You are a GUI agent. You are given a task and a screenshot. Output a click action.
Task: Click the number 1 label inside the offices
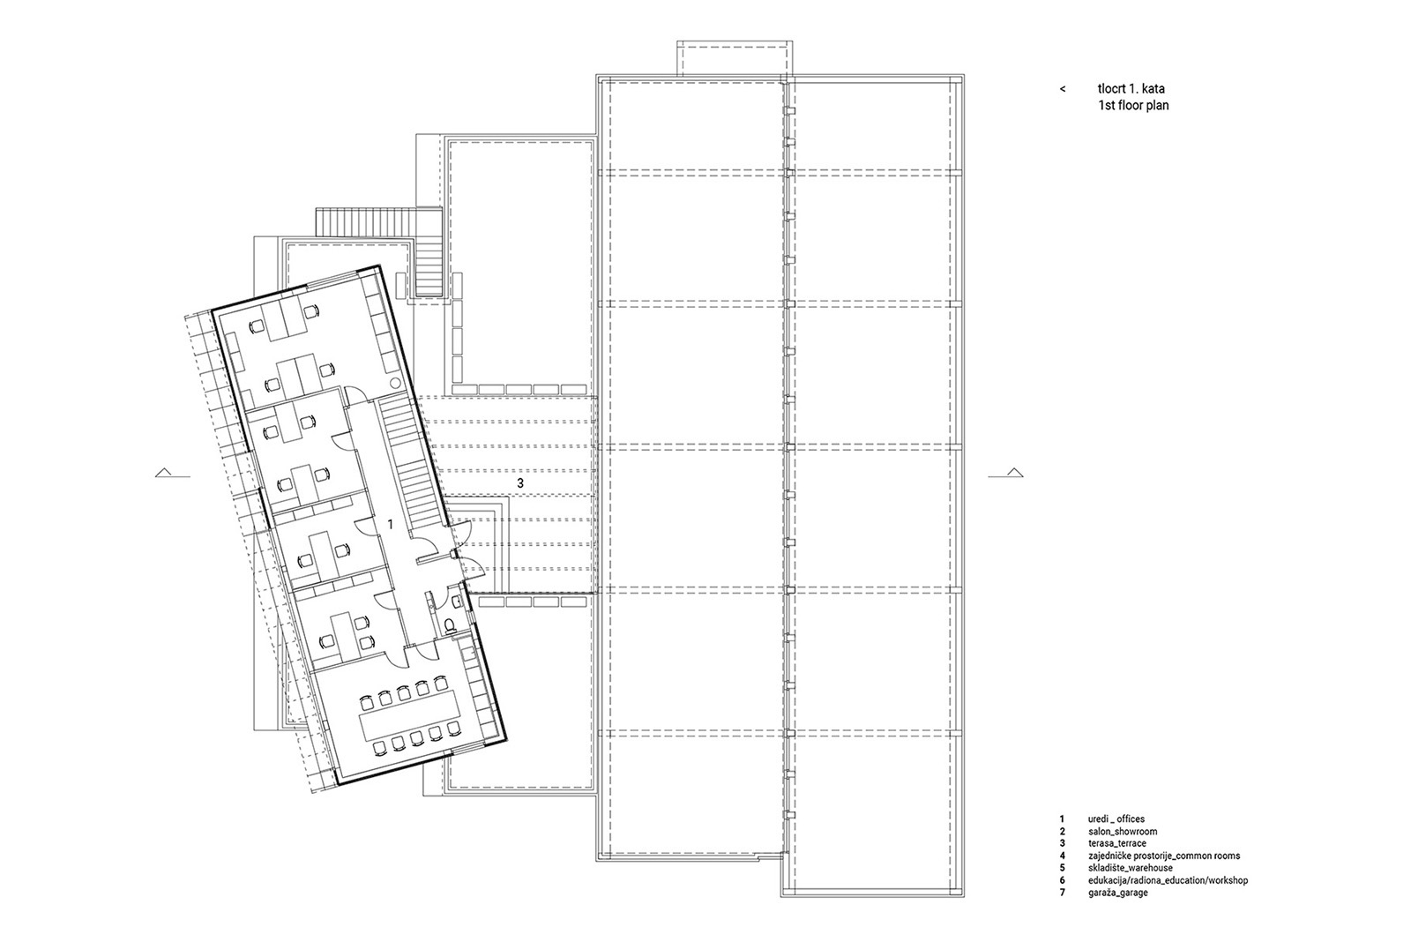(391, 524)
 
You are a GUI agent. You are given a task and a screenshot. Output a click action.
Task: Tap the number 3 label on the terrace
(520, 483)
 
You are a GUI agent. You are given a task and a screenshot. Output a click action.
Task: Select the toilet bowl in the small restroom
(451, 624)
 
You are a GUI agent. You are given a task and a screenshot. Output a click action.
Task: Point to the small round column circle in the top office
(394, 382)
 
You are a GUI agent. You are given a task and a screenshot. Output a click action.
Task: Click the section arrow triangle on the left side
(164, 472)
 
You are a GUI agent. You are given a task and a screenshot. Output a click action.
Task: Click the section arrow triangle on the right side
(1014, 472)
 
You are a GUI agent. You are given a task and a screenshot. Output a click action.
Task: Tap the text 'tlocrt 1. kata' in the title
(1131, 89)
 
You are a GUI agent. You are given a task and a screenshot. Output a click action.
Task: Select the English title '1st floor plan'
(1133, 105)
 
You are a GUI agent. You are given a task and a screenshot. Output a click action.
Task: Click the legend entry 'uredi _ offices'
(1116, 819)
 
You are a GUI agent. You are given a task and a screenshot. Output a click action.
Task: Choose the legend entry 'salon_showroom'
(1123, 831)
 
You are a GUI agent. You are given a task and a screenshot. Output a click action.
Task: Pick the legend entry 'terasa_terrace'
(1116, 843)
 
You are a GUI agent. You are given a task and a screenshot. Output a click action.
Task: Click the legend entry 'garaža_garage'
(1117, 893)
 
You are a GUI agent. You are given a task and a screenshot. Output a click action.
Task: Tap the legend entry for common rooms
(1163, 856)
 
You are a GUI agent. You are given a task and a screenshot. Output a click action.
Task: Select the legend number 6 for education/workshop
(1062, 880)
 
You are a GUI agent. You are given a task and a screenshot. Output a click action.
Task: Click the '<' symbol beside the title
(1063, 89)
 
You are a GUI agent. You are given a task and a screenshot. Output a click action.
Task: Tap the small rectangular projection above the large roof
(735, 58)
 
